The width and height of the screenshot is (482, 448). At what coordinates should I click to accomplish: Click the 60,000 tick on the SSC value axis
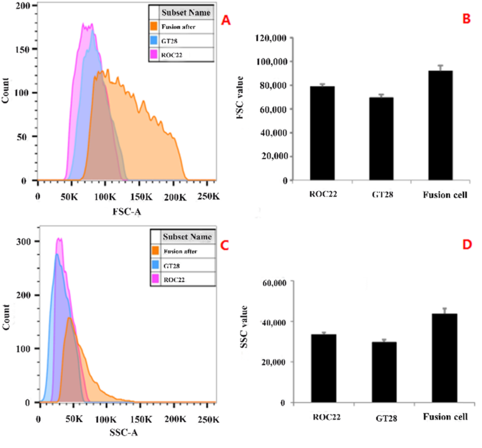[275, 281]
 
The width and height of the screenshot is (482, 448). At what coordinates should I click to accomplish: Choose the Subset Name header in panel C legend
[187, 237]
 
